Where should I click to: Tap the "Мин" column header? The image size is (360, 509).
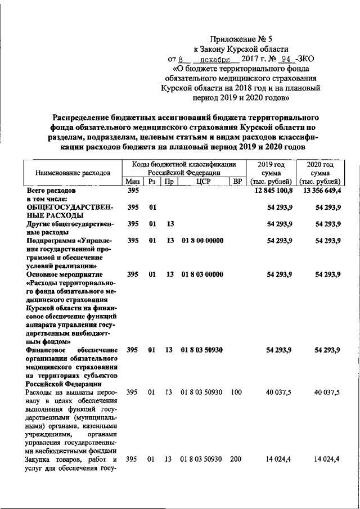(133, 182)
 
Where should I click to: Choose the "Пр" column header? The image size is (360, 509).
(169, 182)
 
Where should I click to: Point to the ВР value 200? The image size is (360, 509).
(237, 460)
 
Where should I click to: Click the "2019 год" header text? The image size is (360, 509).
(272, 164)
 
